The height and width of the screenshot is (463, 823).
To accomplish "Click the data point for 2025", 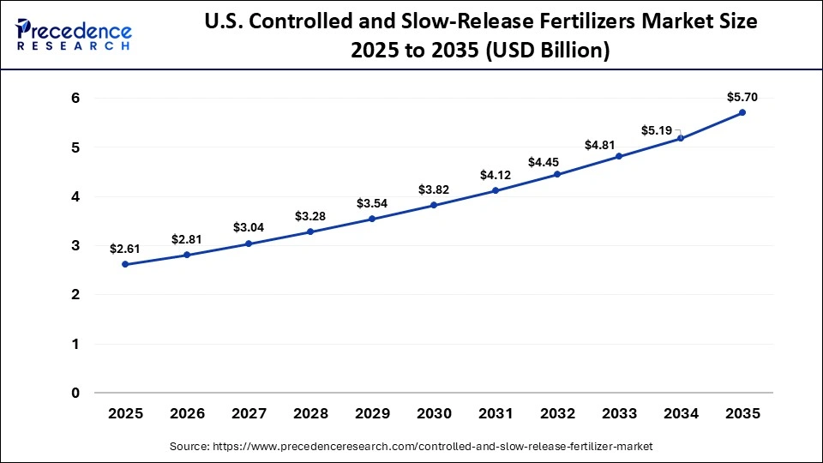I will coord(125,264).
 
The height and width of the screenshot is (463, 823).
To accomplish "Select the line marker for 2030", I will coord(434,205).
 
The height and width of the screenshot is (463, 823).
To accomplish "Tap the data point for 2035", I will coord(742,112).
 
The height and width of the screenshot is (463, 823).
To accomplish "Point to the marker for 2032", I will coord(557,174).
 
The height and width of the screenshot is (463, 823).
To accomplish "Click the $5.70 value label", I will coord(742,97).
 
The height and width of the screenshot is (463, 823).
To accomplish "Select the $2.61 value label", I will coord(125,249).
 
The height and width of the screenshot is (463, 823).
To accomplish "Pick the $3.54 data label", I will coord(372,203).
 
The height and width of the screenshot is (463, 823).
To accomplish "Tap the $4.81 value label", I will coord(619,145).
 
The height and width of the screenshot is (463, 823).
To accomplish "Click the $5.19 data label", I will coord(657,130).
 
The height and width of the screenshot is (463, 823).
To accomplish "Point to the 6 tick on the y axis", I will coord(75,99).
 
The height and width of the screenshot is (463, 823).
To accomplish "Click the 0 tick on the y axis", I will coord(75,394).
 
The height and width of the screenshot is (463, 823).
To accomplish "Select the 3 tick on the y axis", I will coord(75,246).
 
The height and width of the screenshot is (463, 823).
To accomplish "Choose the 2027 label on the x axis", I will coord(249,413).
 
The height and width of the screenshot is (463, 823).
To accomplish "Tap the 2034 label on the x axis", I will coord(681,413).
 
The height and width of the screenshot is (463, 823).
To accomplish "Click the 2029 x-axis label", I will coord(372,413).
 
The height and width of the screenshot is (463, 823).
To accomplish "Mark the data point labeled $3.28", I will coord(310,231).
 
